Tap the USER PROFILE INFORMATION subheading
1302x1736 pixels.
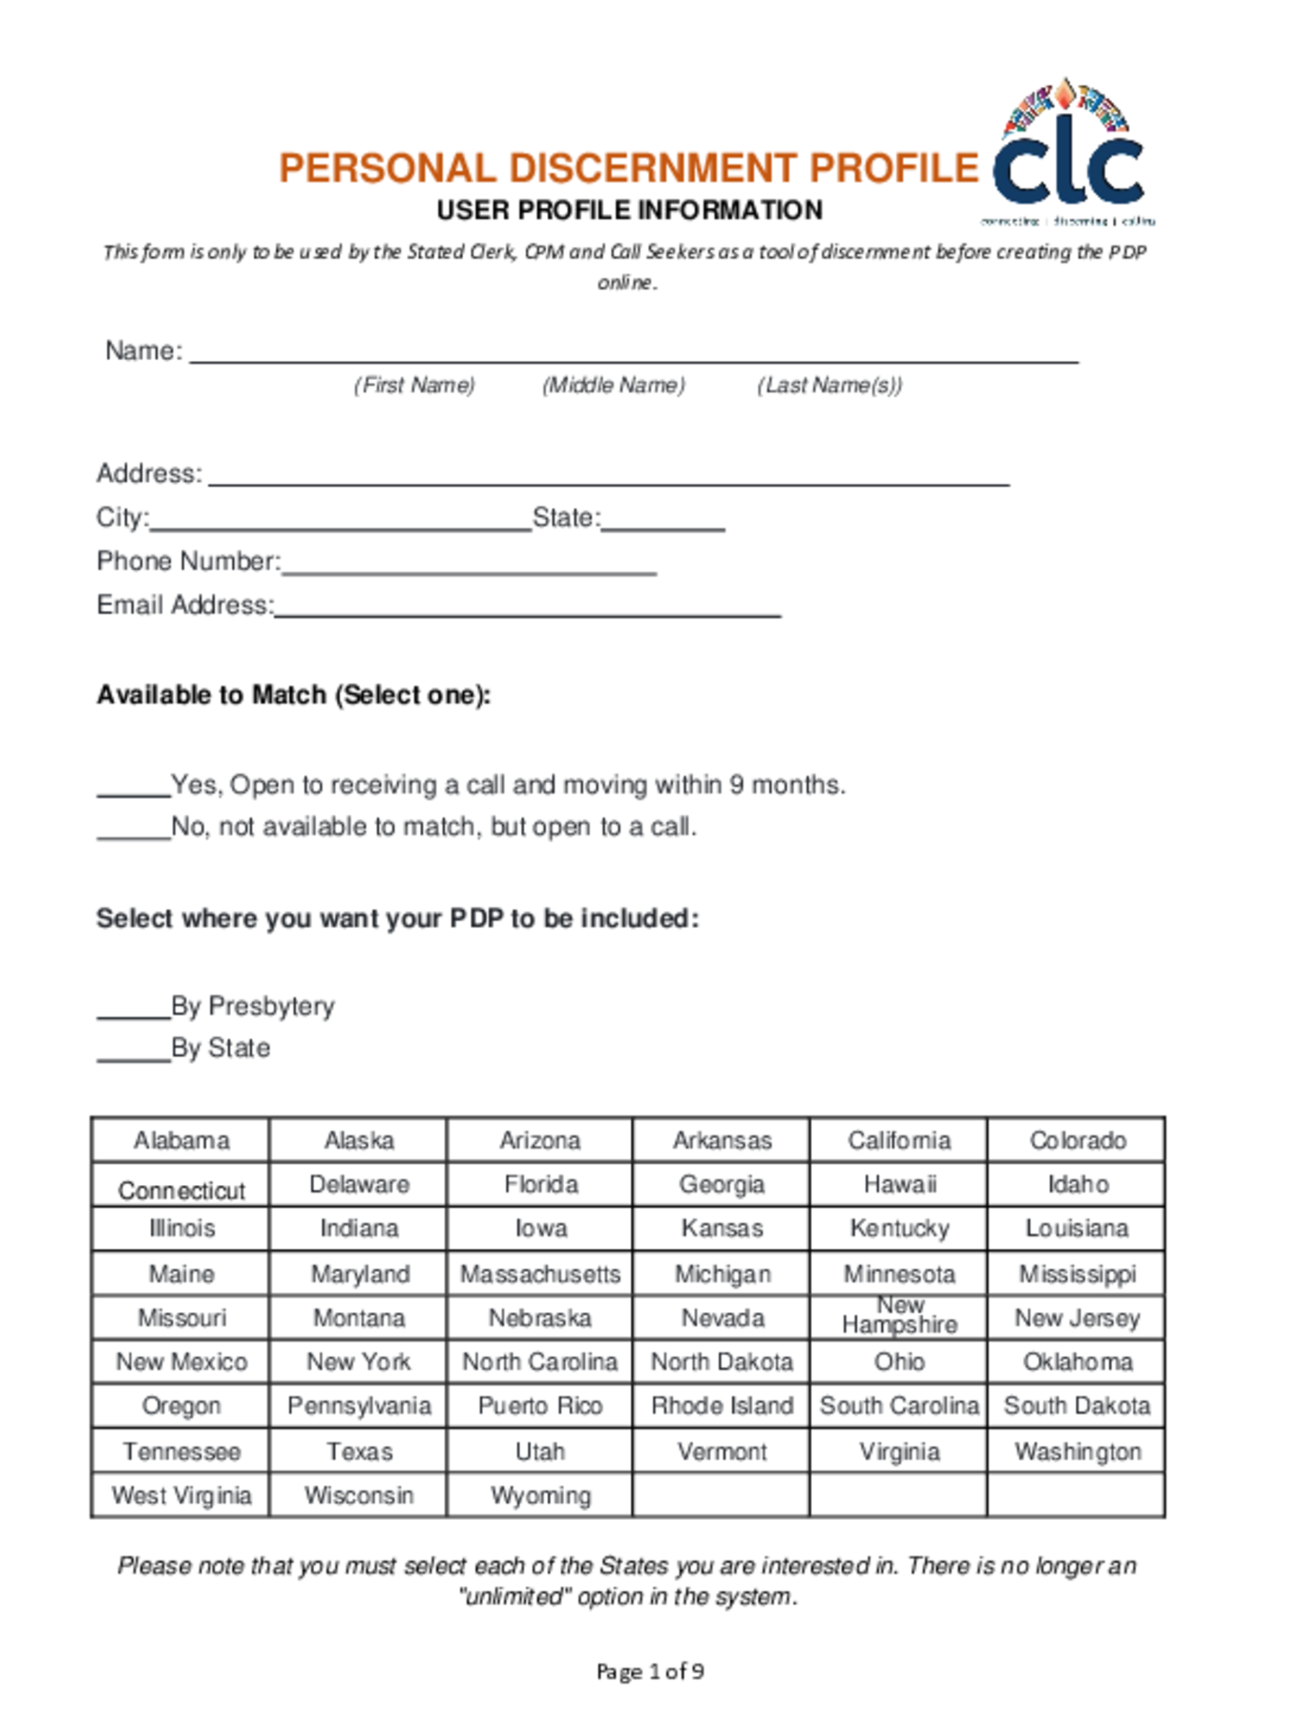coord(629,210)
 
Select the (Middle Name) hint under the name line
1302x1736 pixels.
coord(613,386)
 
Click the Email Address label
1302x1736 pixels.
coord(184,605)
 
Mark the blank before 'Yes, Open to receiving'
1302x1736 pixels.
coord(133,788)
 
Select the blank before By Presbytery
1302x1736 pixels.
coord(133,1009)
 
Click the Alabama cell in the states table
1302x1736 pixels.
coord(181,1140)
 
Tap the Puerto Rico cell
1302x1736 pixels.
coord(540,1406)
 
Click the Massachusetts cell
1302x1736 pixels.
coord(540,1273)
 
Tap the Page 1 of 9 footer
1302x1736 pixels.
coord(650,1672)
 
